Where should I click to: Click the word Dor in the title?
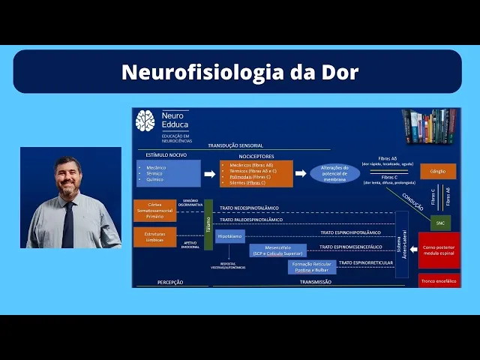[x=341, y=72]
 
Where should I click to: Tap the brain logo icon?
[x=145, y=121]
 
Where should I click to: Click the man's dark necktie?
[x=69, y=224]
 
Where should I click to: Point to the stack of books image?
[x=428, y=126]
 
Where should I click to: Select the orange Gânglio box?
[x=437, y=172]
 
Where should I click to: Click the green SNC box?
[x=440, y=223]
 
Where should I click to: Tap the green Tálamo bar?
[x=208, y=224]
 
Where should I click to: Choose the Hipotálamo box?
[x=229, y=236]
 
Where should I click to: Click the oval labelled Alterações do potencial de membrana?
[x=334, y=172]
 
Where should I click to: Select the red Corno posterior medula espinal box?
[x=439, y=250]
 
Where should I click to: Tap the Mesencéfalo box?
[x=277, y=250]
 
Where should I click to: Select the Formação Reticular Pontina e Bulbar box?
[x=312, y=267]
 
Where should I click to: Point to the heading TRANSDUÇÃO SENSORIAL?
[x=235, y=145]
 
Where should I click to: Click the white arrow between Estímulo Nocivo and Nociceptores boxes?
[x=210, y=173]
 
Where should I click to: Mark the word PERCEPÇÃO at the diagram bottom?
[x=170, y=283]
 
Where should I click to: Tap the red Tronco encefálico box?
[x=439, y=280]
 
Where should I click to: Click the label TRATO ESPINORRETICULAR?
[x=365, y=263]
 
